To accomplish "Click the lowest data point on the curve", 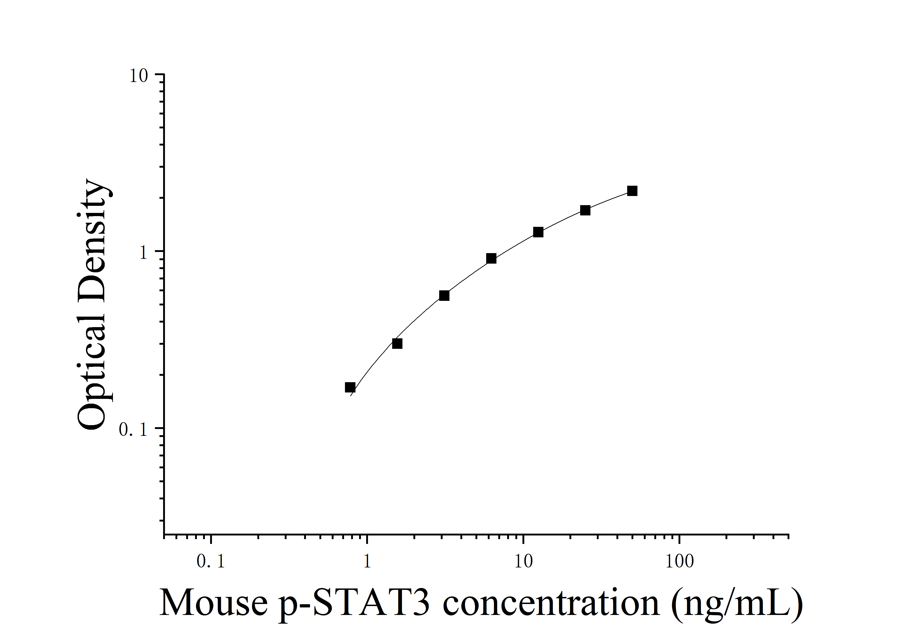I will pos(350,387).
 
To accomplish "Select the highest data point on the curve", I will pos(632,191).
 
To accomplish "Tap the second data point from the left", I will pos(397,344).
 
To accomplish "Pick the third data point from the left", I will pos(444,296).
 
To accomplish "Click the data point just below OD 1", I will pos(491,258).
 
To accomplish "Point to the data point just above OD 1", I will pos(538,232).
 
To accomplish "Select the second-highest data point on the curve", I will pos(585,210).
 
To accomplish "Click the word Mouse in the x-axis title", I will pos(214,603).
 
